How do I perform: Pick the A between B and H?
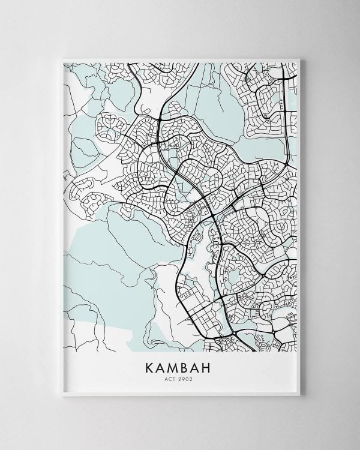(201, 366)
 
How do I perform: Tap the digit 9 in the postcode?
(185, 379)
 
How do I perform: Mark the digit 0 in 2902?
(188, 379)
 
